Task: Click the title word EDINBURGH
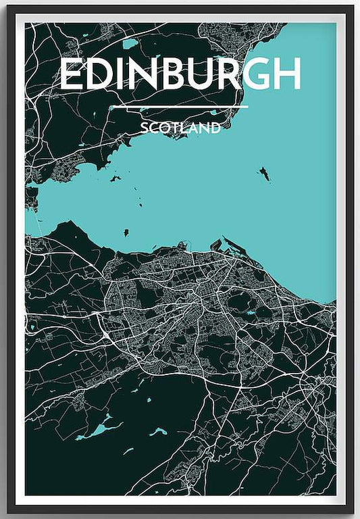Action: (180, 74)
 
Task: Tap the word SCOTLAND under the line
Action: (180, 128)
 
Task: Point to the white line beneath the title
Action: (180, 106)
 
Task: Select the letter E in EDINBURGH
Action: (71, 74)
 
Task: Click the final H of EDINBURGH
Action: (286, 74)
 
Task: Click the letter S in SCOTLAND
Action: (145, 128)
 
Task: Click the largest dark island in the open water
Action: (264, 174)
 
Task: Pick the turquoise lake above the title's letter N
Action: (130, 44)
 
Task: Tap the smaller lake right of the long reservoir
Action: (158, 430)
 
